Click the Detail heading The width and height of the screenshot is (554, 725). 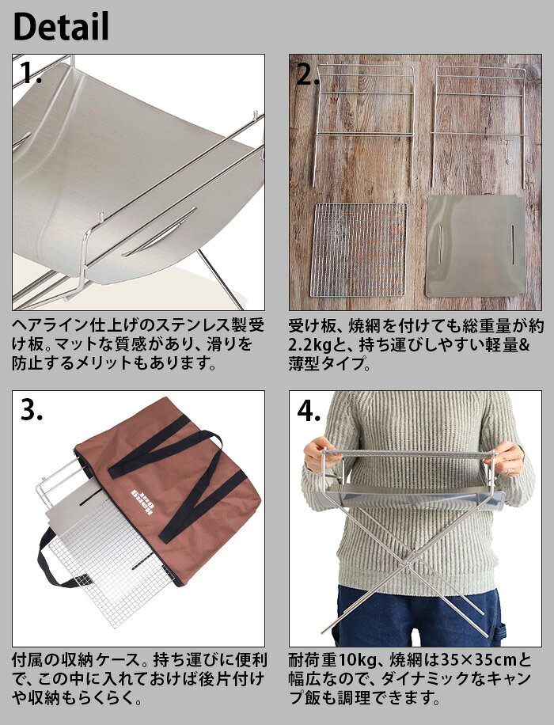coord(62,26)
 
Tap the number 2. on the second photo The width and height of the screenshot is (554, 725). coord(309,74)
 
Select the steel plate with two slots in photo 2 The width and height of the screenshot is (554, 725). coord(476,246)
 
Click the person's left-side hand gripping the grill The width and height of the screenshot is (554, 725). coord(317,454)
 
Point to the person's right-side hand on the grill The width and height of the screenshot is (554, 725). coord(507,457)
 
